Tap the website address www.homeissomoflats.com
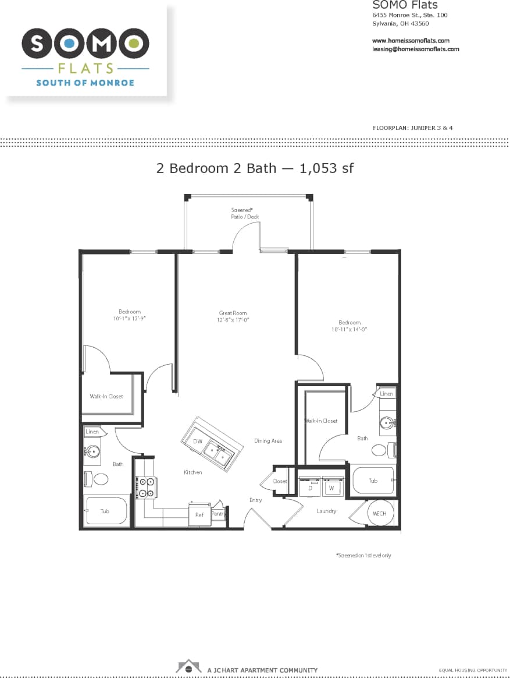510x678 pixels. [411, 41]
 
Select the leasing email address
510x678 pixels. [415, 49]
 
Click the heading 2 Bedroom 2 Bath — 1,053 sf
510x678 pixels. [255, 168]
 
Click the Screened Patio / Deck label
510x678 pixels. [244, 213]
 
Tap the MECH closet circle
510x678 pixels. [379, 513]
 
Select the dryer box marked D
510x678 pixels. [310, 487]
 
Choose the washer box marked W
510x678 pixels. [331, 487]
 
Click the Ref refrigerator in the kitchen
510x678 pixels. [199, 515]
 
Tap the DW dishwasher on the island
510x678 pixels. [198, 442]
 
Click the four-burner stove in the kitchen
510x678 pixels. [147, 487]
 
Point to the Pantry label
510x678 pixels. [219, 514]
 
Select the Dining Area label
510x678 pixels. [268, 441]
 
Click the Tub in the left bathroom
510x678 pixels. [105, 511]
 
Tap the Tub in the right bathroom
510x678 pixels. [373, 481]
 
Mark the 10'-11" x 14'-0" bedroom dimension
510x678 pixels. [349, 329]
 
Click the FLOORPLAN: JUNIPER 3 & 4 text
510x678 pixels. [412, 127]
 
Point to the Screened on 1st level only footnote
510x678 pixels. [363, 556]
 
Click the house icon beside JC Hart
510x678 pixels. [188, 666]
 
